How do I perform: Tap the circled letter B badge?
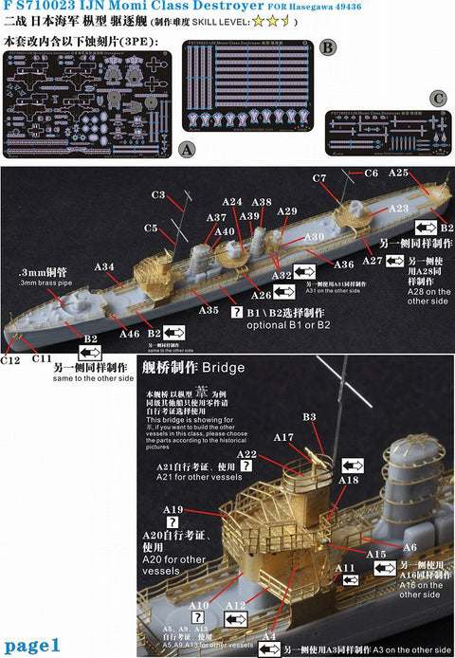click(x=327, y=46)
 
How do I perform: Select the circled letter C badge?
click(x=437, y=98)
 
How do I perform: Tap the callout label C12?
click(x=10, y=359)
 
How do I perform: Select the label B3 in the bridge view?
click(x=309, y=416)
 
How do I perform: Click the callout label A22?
click(x=246, y=455)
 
